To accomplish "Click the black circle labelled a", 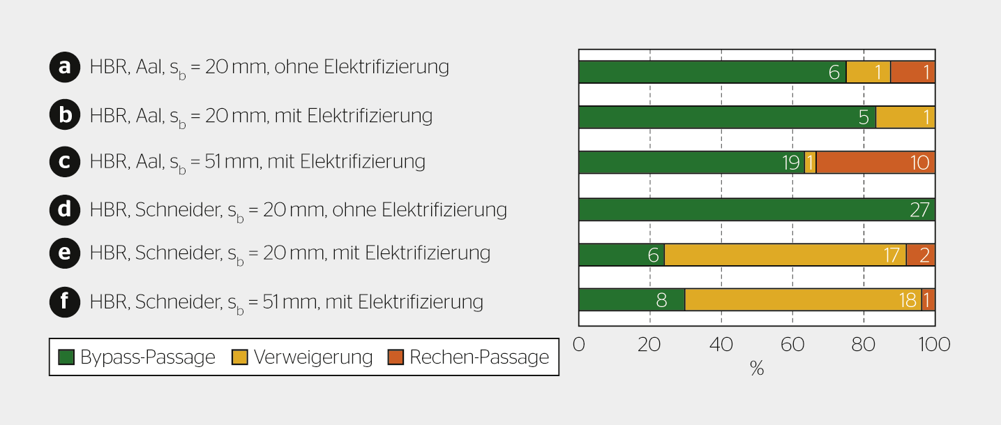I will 65,67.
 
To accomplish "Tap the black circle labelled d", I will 65,209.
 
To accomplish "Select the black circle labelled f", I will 65,301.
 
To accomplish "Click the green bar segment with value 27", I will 756,210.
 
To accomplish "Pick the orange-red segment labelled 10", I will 875,163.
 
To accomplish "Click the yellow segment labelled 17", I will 785,255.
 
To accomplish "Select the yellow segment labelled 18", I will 802,300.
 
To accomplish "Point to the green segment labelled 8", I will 631,300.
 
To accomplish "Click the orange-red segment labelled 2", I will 921,255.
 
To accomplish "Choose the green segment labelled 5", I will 727,117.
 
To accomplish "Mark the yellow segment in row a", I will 868,72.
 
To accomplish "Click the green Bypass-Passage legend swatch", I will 66,357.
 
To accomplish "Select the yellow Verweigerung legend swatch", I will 239,357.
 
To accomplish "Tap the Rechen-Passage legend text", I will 479,357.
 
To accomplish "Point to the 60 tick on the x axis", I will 792,345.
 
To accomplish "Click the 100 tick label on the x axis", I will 934,345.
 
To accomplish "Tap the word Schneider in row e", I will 178,253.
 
